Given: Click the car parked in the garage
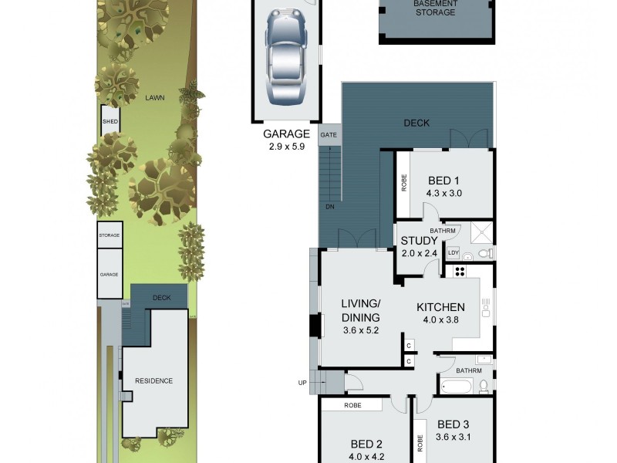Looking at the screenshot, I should click(x=287, y=59).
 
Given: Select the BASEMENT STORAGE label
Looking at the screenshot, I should click(x=435, y=8).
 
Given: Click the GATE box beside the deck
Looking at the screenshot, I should click(x=329, y=134).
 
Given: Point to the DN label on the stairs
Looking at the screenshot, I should click(x=329, y=207).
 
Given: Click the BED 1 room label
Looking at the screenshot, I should click(x=443, y=187).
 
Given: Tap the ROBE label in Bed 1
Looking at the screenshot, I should click(x=403, y=183).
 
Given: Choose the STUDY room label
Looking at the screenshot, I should click(x=419, y=246).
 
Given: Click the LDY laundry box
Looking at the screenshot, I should click(x=453, y=252).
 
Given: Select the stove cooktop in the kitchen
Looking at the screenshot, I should click(x=460, y=271).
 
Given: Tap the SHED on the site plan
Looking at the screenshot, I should click(x=110, y=121).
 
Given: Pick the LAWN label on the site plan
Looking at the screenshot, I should click(x=155, y=98).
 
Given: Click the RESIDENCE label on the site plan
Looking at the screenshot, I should click(x=154, y=380).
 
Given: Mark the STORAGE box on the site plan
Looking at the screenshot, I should click(x=110, y=235).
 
